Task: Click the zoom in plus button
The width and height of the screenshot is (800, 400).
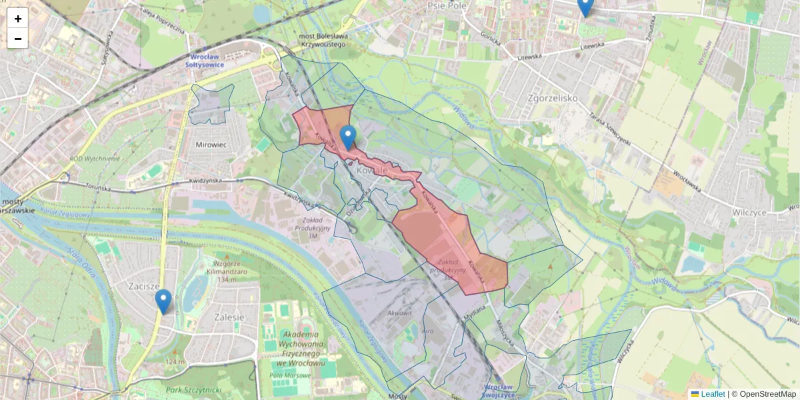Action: tap(18, 18)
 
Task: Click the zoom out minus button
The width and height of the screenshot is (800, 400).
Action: tap(18, 39)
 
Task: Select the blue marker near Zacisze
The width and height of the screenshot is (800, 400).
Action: tap(163, 301)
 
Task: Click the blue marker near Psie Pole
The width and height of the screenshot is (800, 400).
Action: tap(585, 7)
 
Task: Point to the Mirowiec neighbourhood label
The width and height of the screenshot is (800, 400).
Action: tap(212, 144)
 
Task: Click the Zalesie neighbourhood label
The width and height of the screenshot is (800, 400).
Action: tap(227, 317)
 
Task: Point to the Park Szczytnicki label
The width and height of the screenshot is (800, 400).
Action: tap(193, 389)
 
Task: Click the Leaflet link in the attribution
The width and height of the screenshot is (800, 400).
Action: tap(712, 394)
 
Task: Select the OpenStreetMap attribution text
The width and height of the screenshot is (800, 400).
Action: tap(767, 394)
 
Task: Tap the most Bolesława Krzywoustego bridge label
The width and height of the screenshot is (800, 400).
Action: tap(323, 40)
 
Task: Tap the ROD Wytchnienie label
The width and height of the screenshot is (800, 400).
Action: tap(95, 159)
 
